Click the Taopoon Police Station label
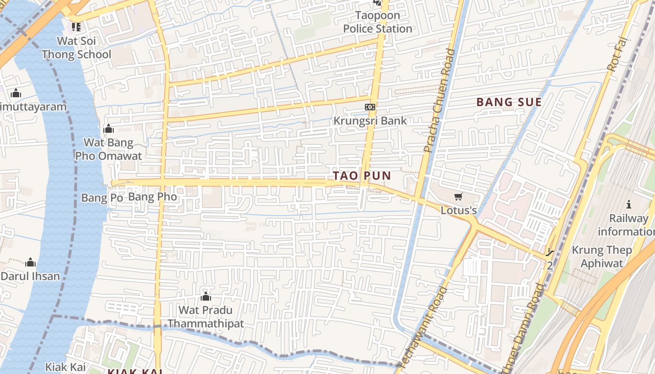click(x=378, y=22)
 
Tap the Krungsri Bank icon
click(x=370, y=107)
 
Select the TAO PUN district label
click(x=362, y=176)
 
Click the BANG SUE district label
click(x=509, y=102)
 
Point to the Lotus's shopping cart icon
click(x=458, y=197)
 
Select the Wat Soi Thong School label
click(x=76, y=48)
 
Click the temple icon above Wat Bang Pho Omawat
click(x=109, y=129)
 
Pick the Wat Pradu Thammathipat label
click(x=206, y=316)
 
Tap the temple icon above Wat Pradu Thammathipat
click(x=205, y=296)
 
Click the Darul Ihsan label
click(x=30, y=276)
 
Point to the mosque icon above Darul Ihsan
click(x=30, y=262)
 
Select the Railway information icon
click(x=629, y=204)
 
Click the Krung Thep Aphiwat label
click(x=602, y=256)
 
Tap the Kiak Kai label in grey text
click(x=65, y=367)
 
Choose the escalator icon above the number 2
click(x=550, y=253)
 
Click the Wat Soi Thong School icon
click(x=76, y=27)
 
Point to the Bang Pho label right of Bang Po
click(x=153, y=197)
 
